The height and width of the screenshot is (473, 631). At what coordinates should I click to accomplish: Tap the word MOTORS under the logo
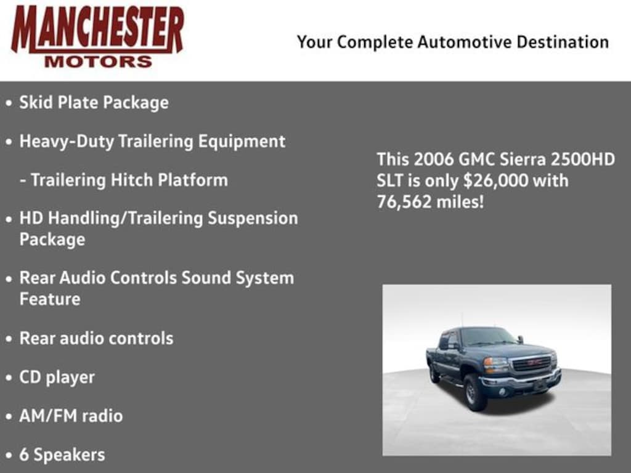tap(98, 62)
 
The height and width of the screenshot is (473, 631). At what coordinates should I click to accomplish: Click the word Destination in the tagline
tap(563, 42)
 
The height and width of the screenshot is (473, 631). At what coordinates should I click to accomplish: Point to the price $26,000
tap(495, 180)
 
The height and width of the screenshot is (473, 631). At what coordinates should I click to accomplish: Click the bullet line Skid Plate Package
tap(94, 103)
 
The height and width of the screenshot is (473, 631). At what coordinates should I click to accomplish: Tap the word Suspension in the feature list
tap(253, 219)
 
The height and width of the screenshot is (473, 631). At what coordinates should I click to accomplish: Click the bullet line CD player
tap(57, 378)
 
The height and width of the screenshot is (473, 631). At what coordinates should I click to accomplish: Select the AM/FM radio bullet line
tap(71, 416)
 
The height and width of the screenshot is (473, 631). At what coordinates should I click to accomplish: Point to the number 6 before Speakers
tap(24, 455)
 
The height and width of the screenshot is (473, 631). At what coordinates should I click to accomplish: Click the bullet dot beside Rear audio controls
tap(9, 339)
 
